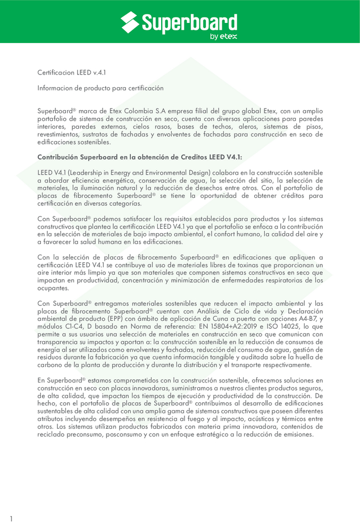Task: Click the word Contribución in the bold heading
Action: click(57, 157)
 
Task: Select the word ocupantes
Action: click(53, 288)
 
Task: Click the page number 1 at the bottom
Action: click(11, 518)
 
